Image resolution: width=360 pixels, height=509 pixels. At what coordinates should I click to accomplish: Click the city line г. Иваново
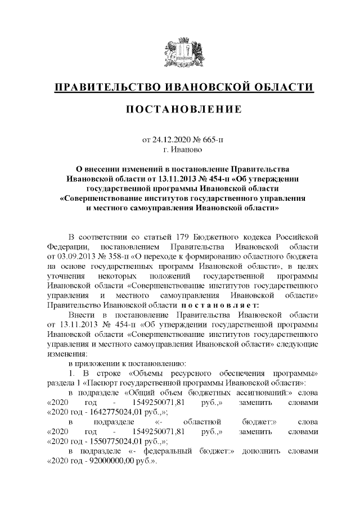tap(179, 150)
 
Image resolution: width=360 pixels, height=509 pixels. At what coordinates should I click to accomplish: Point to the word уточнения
tap(66, 277)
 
